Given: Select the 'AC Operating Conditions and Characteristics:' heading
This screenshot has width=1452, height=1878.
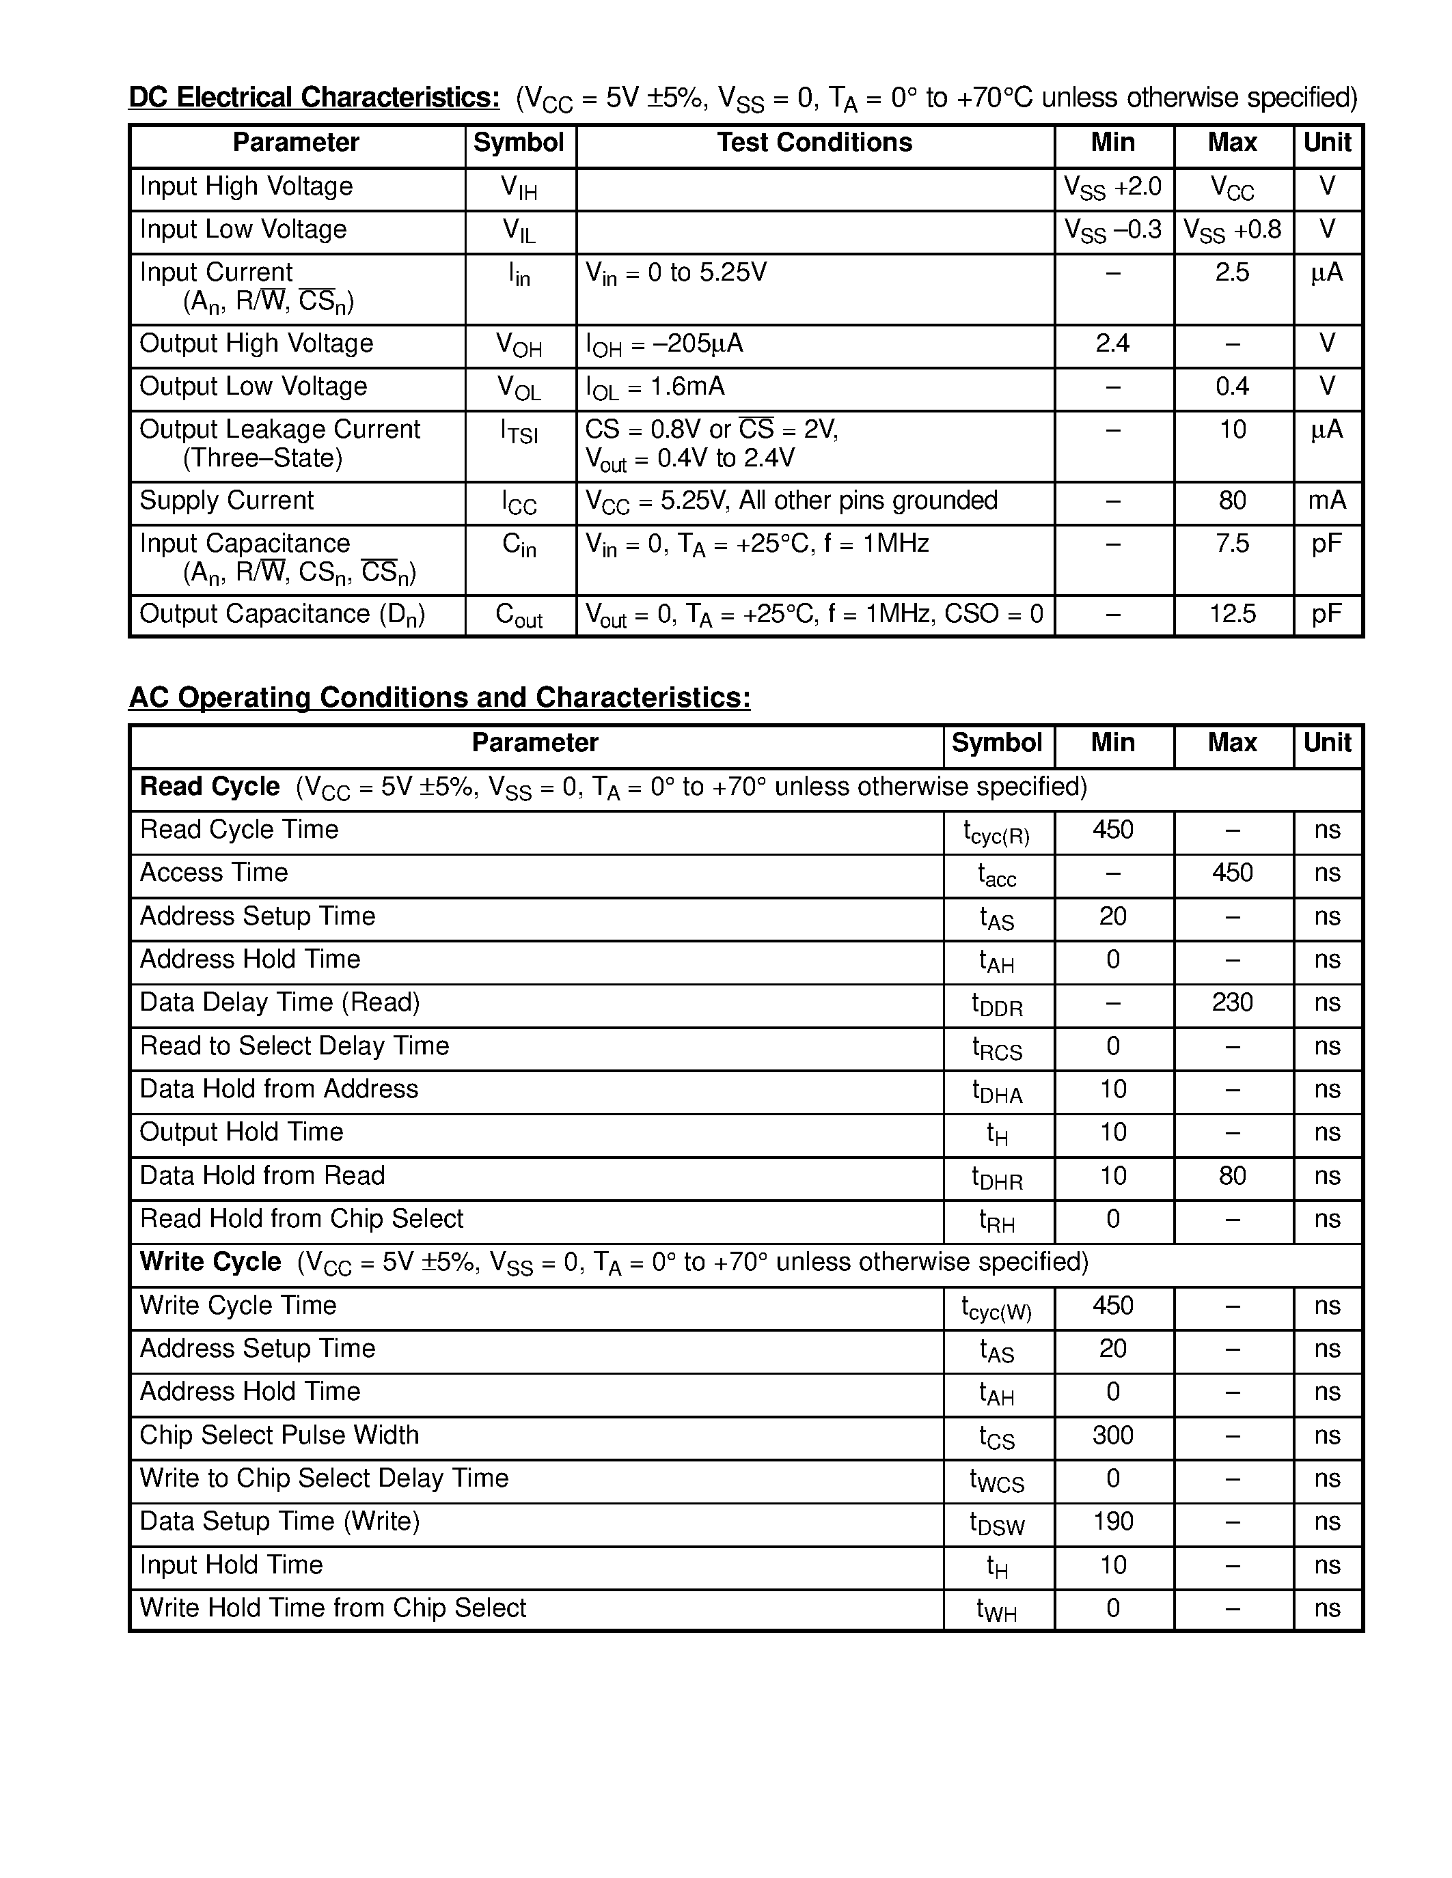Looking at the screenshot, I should click(439, 697).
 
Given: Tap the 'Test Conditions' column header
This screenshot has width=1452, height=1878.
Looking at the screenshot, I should click(814, 143).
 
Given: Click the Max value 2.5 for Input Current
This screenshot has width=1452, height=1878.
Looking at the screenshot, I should click(1232, 272).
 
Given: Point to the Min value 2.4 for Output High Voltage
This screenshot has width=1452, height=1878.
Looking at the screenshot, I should click(1112, 344).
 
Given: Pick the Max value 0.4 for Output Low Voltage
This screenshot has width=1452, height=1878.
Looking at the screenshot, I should click(1232, 387).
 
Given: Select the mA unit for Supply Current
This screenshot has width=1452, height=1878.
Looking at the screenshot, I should click(1326, 501).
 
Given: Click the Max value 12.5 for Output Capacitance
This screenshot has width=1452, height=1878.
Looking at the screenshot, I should click(1232, 614).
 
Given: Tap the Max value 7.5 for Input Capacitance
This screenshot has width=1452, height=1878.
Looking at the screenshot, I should click(1232, 544).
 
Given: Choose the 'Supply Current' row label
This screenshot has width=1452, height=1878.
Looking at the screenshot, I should click(226, 501).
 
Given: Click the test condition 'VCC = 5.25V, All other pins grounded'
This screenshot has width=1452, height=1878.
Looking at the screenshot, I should click(791, 501).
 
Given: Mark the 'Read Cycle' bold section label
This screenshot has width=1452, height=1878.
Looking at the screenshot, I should click(209, 787).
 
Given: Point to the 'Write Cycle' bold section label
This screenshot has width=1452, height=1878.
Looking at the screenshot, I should click(210, 1262).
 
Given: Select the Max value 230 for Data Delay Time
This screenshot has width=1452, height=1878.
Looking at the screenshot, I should click(1232, 1003).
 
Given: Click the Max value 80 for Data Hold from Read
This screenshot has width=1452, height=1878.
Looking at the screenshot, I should click(1232, 1175).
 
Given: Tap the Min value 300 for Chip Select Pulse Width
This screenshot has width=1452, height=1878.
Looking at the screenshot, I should click(1112, 1435).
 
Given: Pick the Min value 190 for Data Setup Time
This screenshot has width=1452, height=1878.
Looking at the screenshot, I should click(1112, 1521).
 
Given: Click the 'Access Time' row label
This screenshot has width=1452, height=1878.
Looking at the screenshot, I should click(213, 873).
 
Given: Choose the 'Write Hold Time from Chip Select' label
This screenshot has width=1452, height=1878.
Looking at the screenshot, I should click(332, 1608).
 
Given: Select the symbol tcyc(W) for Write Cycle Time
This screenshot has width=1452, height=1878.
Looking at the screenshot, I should click(996, 1308).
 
